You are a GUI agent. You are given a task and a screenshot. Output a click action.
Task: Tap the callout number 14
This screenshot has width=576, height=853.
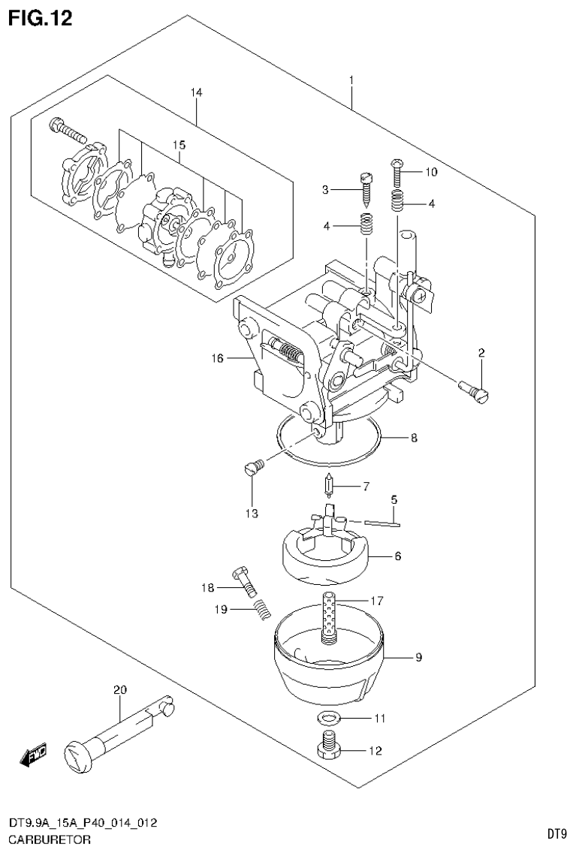pos(196,92)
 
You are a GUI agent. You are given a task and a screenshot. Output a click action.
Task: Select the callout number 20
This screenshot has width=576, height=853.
pos(119,689)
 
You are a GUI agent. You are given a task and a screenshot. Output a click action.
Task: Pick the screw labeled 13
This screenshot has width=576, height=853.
pos(253,468)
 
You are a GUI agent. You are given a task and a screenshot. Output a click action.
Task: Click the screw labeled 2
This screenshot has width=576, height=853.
pos(473,390)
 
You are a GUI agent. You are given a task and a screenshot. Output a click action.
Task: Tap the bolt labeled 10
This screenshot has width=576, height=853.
pos(398,172)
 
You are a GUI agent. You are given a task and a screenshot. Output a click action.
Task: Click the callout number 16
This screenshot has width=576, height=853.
pos(217,359)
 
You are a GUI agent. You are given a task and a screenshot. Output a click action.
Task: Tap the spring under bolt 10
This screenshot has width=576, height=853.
pos(398,201)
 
